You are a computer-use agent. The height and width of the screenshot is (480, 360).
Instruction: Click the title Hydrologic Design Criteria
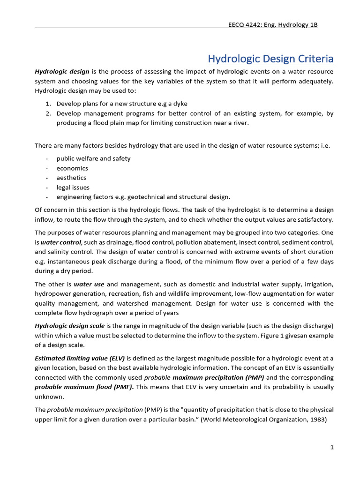[x=270, y=59]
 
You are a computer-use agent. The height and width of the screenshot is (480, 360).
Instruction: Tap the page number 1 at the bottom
[x=331, y=447]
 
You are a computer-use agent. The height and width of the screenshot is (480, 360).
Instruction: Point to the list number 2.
[x=48, y=113]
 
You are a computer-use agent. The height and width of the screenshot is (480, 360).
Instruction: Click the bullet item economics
[x=72, y=168]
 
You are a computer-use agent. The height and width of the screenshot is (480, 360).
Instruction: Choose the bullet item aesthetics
[x=71, y=178]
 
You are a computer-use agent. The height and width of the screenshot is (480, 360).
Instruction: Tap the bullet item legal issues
[x=73, y=187]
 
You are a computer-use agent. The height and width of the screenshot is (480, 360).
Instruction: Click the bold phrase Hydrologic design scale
[x=70, y=326]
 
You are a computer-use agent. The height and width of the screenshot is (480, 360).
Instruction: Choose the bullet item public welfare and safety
[x=93, y=158]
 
